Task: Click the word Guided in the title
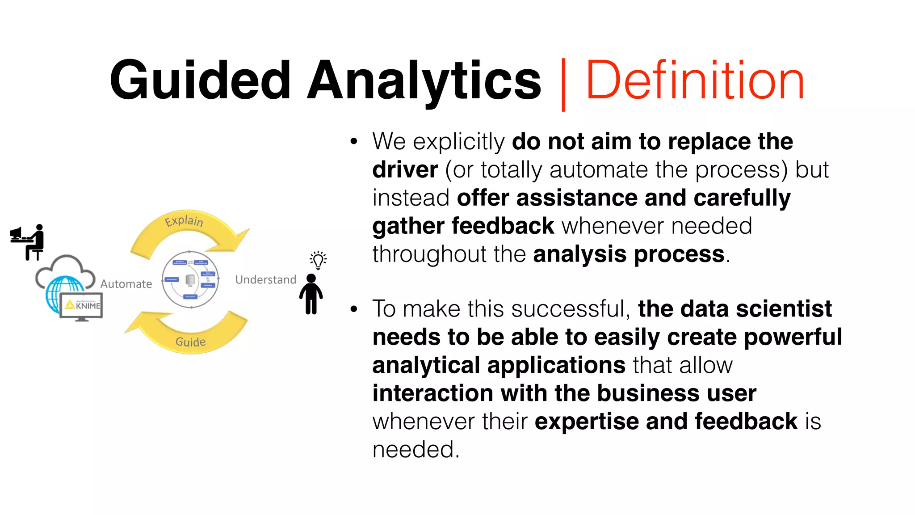(x=201, y=80)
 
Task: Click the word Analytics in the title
(x=424, y=80)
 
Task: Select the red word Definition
(x=695, y=80)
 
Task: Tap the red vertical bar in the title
(x=563, y=84)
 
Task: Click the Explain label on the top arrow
(x=184, y=221)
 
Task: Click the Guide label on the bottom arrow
(x=191, y=342)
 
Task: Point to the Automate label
(x=126, y=284)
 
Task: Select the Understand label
(x=266, y=280)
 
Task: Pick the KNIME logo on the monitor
(x=83, y=305)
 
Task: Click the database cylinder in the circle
(x=190, y=279)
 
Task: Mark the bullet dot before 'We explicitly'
(x=354, y=142)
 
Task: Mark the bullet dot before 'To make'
(x=354, y=309)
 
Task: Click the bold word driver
(x=405, y=170)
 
